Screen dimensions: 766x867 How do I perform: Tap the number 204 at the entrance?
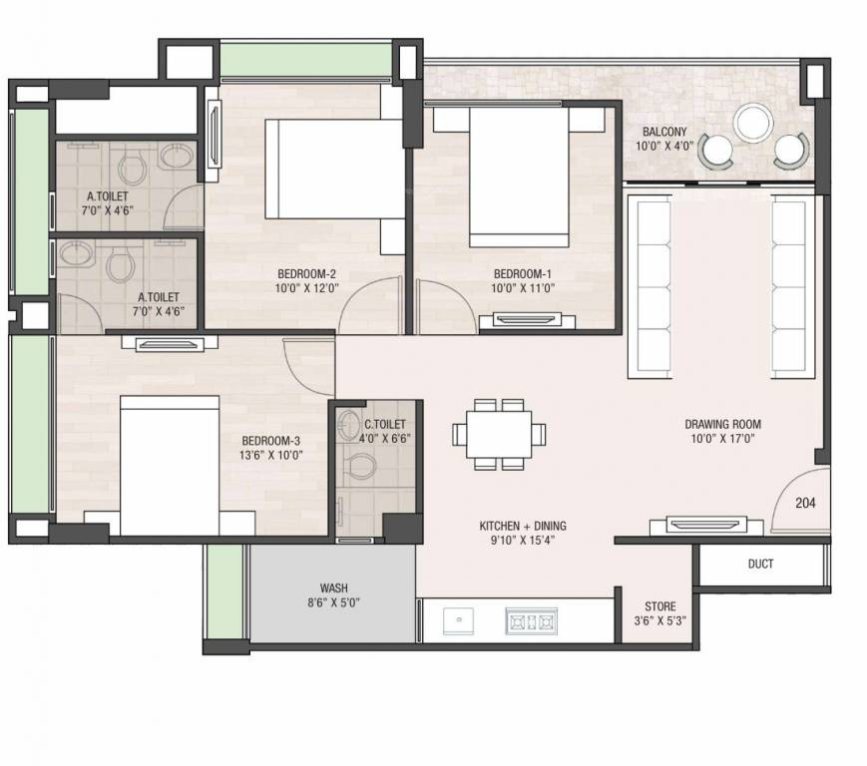805,503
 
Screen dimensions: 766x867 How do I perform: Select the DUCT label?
760,564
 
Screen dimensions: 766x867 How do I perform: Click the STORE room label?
659,606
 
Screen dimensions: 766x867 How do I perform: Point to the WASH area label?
333,587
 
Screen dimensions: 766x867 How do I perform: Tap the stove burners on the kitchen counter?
531,620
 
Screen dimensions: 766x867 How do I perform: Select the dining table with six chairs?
499,434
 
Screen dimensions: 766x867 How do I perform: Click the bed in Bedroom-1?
519,175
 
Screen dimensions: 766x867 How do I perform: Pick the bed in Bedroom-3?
170,464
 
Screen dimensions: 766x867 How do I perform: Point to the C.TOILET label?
383,424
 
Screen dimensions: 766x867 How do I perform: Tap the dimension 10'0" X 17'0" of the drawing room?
722,438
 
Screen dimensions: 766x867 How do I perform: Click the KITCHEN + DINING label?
523,526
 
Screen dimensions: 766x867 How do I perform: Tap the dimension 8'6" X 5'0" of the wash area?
333,602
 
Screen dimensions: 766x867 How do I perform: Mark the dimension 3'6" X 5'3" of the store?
659,620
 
